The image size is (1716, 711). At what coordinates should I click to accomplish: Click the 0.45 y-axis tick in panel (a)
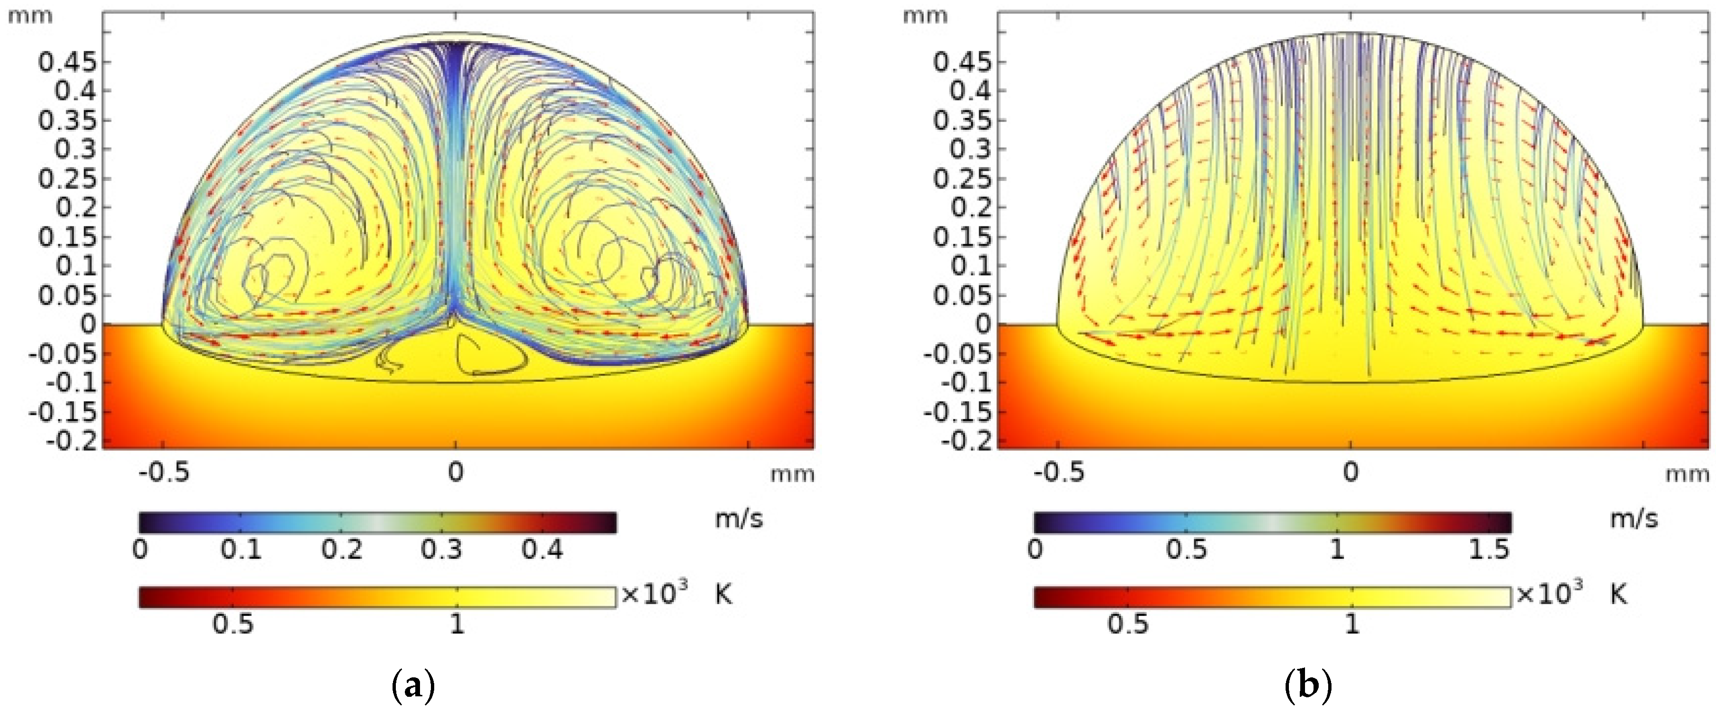67,62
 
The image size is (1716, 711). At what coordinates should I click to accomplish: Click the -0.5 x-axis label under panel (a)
164,472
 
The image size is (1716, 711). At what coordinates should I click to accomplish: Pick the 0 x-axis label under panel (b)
1350,472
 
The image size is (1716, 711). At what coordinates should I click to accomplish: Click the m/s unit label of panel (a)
739,518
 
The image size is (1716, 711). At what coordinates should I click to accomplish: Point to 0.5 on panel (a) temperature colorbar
232,624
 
